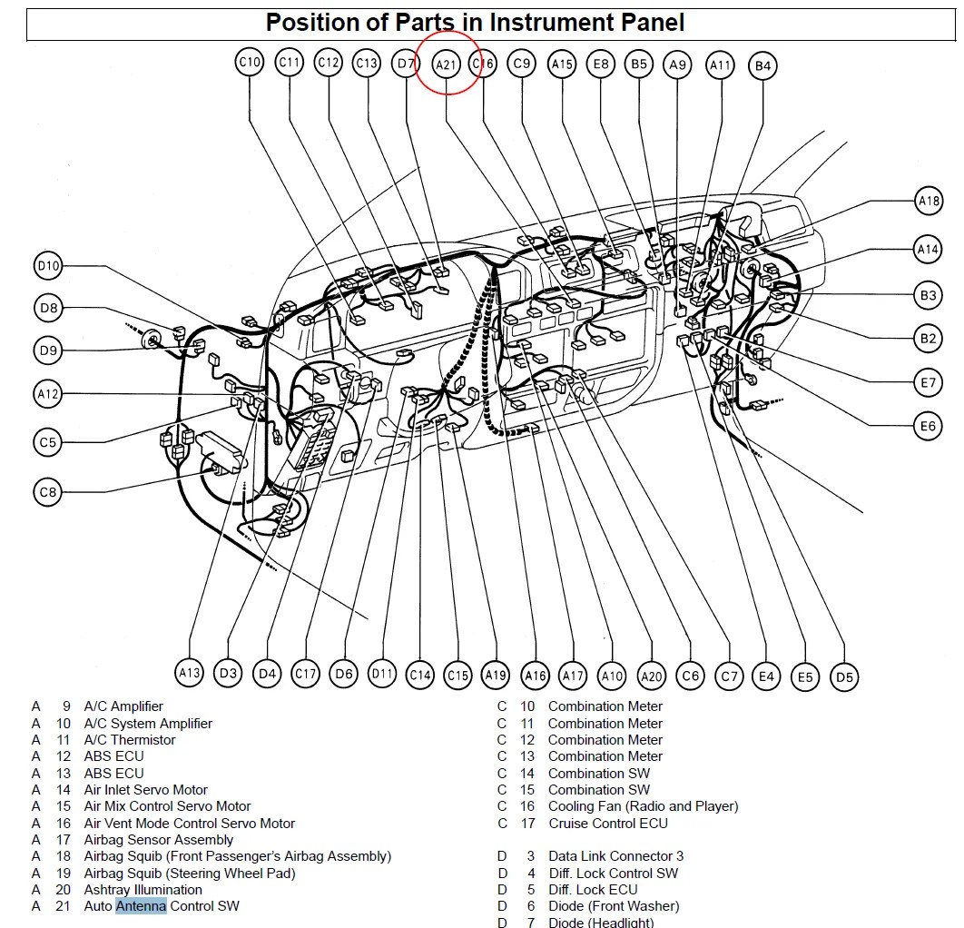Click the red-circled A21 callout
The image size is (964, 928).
(x=447, y=64)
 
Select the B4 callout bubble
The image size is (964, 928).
(x=762, y=65)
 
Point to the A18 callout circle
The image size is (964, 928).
(x=928, y=202)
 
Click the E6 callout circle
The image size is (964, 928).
(x=927, y=426)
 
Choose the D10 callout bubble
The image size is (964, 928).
(x=48, y=266)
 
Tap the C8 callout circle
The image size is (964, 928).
(x=48, y=492)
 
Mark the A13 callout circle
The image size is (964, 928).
(x=189, y=673)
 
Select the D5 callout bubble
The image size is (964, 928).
(x=844, y=676)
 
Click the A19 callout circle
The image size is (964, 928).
(x=496, y=675)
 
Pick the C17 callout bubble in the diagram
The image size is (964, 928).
(x=305, y=674)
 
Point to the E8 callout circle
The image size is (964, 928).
(x=600, y=64)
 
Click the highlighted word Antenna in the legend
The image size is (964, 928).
(x=141, y=906)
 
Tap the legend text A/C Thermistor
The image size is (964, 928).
(x=130, y=740)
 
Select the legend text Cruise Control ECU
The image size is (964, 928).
(x=607, y=824)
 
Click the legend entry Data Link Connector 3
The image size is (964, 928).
(x=615, y=856)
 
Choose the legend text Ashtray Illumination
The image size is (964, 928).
(x=143, y=890)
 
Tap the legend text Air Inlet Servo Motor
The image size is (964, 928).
(x=145, y=790)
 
